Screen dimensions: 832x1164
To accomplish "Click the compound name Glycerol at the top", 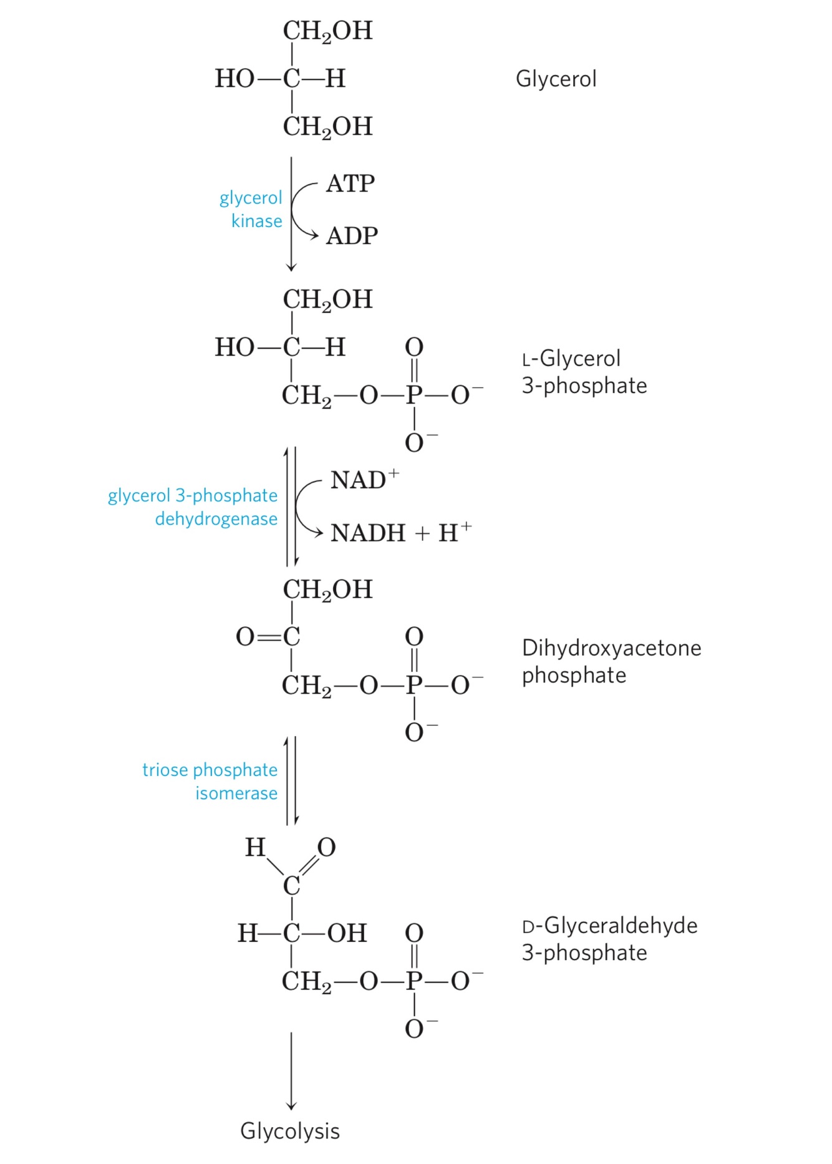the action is tap(556, 79).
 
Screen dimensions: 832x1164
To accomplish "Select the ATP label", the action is tap(350, 183).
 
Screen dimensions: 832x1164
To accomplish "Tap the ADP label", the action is tap(352, 236).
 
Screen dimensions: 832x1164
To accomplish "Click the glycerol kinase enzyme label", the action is tap(251, 209).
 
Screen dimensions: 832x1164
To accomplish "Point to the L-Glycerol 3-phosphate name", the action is tap(584, 372).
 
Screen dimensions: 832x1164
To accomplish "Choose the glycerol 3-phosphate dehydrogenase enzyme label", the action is tap(193, 507).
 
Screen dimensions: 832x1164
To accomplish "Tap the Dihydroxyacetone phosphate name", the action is tap(611, 661).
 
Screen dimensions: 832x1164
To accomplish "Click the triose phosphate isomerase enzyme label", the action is tap(210, 781).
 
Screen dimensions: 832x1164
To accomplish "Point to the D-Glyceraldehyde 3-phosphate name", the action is tap(609, 939).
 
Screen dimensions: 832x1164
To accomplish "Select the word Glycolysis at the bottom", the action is tap(290, 1131).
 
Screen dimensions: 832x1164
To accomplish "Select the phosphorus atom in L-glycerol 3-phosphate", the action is tap(414, 395).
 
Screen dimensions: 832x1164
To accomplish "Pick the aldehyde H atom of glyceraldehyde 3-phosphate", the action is tap(255, 847).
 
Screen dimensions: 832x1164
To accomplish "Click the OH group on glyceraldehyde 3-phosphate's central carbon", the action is tap(347, 933).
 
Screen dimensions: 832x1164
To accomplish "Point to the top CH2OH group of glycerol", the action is tap(327, 31).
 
